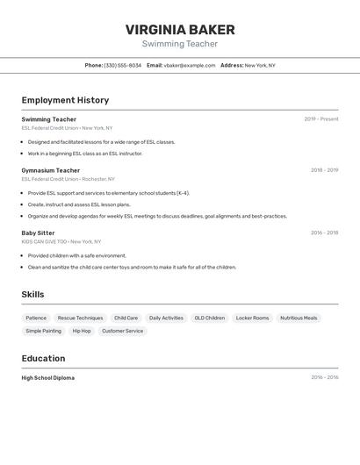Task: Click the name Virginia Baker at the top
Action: coord(180,29)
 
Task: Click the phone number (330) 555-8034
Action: coord(122,65)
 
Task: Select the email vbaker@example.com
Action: coord(189,65)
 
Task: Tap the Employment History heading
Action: coord(65,100)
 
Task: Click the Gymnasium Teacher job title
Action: coord(50,170)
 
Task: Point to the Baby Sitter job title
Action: coord(38,232)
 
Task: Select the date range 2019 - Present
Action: coord(320,119)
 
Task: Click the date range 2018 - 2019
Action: coord(324,170)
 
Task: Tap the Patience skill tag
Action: coord(36,318)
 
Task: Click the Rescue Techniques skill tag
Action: coord(80,318)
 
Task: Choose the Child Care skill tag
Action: coord(126,318)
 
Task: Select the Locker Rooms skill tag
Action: coord(252,318)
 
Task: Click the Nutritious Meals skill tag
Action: coord(299,318)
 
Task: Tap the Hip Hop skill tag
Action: coord(82,331)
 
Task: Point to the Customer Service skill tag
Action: coord(122,331)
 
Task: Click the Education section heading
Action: coord(43,358)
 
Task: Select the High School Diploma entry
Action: coord(47,378)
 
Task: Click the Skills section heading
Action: coord(32,295)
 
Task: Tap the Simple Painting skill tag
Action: coord(44,331)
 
